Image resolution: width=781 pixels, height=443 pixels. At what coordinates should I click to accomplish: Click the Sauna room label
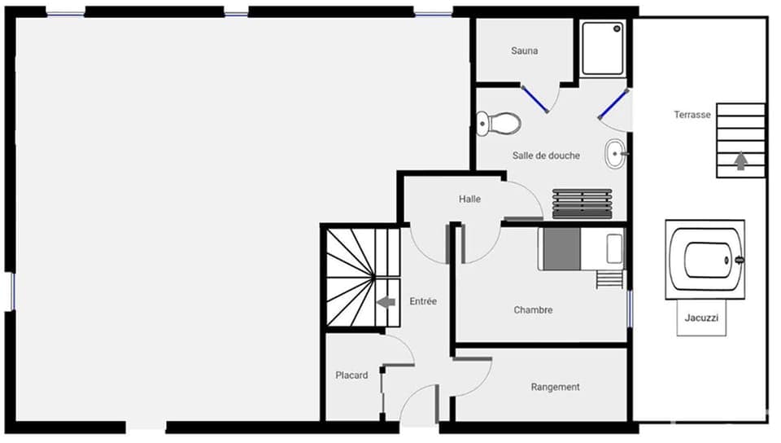pos(524,50)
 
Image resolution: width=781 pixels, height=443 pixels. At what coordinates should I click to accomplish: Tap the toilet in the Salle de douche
pos(499,124)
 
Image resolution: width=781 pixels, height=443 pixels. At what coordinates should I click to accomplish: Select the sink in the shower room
pos(616,152)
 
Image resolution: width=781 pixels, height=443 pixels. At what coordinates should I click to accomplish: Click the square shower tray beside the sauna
pos(603,49)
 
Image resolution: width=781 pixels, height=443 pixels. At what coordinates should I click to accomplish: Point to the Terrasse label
pos(692,115)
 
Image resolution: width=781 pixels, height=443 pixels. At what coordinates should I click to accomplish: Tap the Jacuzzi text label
pos(702,318)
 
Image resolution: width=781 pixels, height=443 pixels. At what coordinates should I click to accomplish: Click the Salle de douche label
pos(546,156)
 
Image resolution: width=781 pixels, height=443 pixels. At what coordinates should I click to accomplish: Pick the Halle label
pos(469,199)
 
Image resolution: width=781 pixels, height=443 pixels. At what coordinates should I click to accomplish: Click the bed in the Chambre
pos(581,248)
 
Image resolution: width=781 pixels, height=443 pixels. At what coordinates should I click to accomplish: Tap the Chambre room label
pos(533,310)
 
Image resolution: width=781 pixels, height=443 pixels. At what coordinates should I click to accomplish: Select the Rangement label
pos(555,387)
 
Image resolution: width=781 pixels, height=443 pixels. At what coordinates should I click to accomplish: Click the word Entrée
pos(423,301)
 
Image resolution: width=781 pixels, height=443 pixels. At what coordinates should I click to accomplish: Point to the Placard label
pos(351,375)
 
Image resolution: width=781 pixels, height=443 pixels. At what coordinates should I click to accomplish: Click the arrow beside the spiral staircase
pos(386,302)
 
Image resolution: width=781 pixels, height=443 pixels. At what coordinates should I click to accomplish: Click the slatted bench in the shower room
pos(582,204)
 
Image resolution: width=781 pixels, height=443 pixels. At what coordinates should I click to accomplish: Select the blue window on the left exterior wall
pos(12,291)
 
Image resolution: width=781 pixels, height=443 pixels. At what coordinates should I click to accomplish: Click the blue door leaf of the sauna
pos(534,99)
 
